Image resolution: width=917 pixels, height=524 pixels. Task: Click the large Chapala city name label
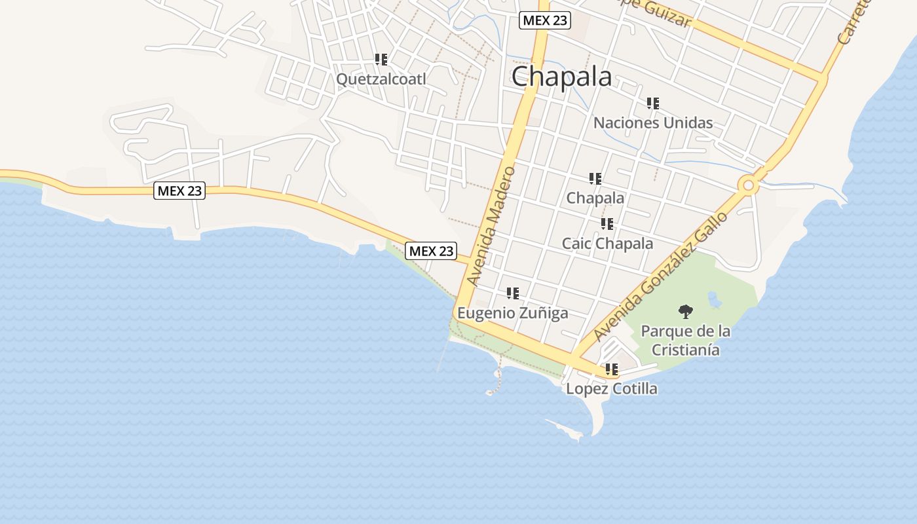[561, 77]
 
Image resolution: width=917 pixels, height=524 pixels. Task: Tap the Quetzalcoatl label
[381, 79]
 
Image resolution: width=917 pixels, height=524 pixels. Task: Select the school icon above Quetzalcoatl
[381, 60]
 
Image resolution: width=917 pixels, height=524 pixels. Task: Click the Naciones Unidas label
[652, 122]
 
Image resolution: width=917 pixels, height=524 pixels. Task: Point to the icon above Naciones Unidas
[652, 103]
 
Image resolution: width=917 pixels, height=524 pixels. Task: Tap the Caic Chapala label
[607, 244]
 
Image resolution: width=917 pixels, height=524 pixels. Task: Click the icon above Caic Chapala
[607, 224]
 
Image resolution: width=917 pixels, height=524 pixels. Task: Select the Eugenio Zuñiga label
[512, 313]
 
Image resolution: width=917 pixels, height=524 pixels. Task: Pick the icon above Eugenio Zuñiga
[512, 293]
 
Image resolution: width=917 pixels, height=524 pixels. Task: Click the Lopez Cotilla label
[611, 388]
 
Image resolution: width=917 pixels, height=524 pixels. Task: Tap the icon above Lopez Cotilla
[611, 369]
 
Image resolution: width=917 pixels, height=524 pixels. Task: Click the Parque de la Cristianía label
[685, 340]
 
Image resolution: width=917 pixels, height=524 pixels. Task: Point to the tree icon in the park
[685, 311]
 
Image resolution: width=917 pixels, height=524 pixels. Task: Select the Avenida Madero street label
[491, 226]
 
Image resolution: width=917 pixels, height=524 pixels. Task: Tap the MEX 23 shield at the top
[545, 20]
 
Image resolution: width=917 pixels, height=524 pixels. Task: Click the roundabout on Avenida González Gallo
[748, 186]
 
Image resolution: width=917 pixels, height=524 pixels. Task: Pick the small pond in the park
[714, 301]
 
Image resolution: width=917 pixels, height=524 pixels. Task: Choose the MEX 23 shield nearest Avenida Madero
[430, 251]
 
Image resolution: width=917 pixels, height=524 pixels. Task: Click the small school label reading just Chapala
[595, 198]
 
